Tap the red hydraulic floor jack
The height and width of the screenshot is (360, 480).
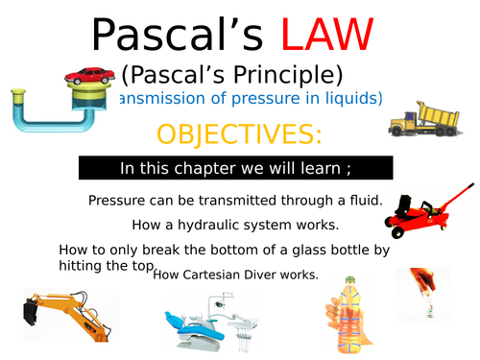pos(421,211)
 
